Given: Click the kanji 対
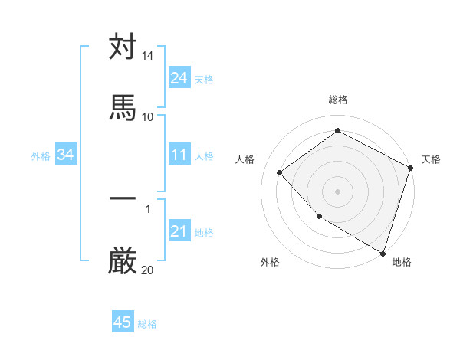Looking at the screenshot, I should pyautogui.click(x=123, y=47).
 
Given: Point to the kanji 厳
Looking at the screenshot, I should pyautogui.click(x=123, y=260).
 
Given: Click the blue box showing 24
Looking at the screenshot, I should pyautogui.click(x=179, y=78).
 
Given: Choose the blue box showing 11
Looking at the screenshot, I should pyautogui.click(x=179, y=155).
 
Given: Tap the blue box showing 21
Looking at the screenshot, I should pyautogui.click(x=179, y=231).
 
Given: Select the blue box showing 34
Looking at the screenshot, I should pyautogui.click(x=66, y=155).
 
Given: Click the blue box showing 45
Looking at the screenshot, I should pyautogui.click(x=123, y=322).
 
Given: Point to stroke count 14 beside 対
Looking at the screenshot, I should pyautogui.click(x=147, y=57).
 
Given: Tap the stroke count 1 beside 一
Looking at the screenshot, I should pyautogui.click(x=148, y=208).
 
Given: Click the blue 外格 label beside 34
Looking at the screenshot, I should pyautogui.click(x=41, y=155).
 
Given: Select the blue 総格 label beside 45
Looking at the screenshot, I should pyautogui.click(x=147, y=323).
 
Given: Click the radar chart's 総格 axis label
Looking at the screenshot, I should pyautogui.click(x=337, y=100).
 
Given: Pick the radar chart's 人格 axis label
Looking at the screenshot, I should pyautogui.click(x=245, y=159).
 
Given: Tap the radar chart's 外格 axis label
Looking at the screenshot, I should pyautogui.click(x=270, y=262).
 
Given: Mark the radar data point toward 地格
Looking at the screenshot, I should pyautogui.click(x=383, y=253).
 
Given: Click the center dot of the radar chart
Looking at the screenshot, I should pyautogui.click(x=337, y=191).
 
